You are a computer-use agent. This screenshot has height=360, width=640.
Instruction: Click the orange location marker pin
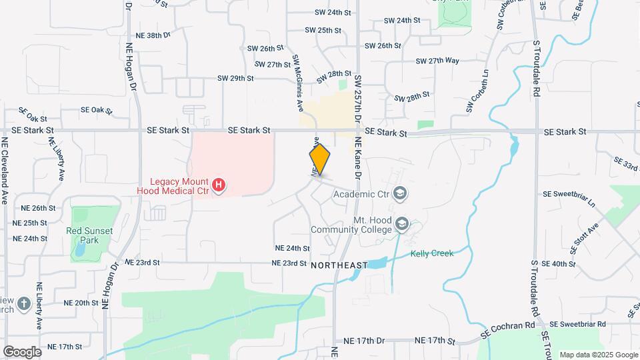320,160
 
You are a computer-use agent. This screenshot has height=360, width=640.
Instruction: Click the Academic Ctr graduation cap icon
400,194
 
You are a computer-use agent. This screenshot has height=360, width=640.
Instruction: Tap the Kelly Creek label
431,253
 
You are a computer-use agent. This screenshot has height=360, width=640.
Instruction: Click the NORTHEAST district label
339,265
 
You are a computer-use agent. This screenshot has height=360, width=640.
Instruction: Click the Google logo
22,351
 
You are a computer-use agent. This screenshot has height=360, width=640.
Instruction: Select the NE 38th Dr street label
153,34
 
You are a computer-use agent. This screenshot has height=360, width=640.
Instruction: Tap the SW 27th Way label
437,61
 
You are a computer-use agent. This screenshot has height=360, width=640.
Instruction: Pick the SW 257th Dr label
358,93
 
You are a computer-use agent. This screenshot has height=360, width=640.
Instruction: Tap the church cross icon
24,305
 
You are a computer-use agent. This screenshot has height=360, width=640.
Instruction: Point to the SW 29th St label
235,78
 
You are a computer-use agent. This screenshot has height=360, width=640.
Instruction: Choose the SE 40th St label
559,264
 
